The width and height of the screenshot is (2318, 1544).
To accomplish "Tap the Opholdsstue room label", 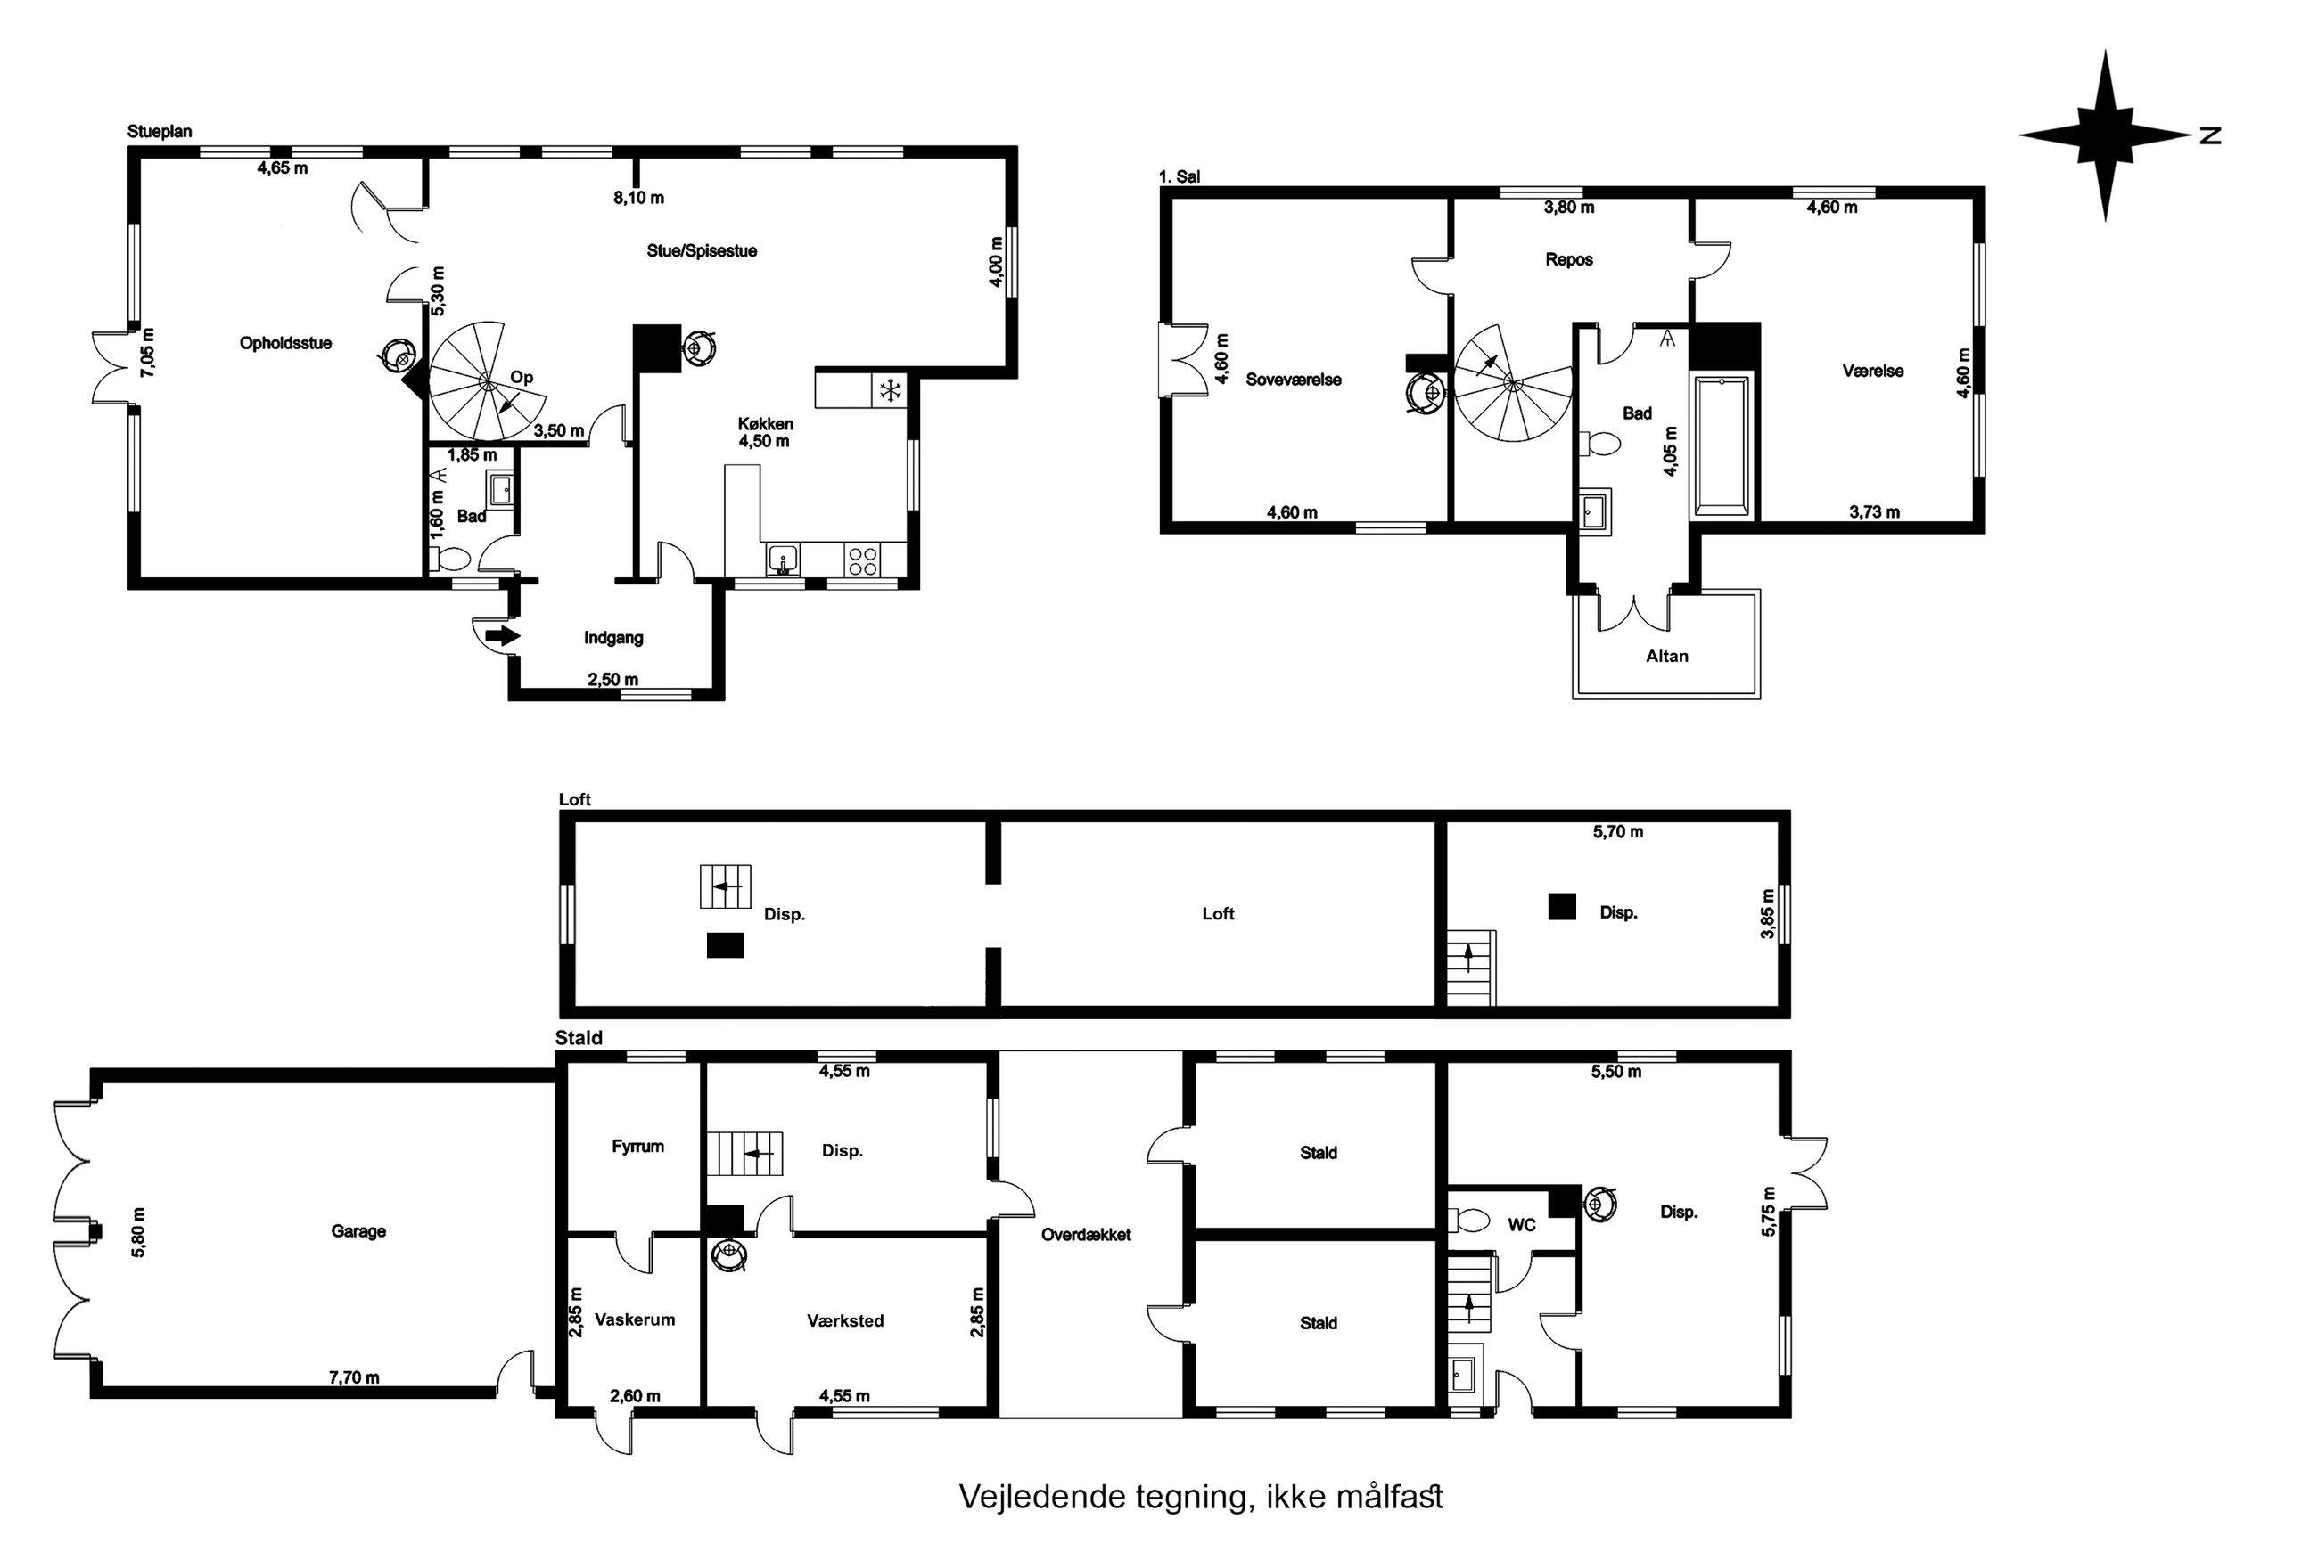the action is pyautogui.click(x=285, y=344).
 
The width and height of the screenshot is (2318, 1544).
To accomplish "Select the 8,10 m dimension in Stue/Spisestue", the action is pyautogui.click(x=638, y=198).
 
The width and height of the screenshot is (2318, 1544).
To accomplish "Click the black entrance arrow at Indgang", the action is pyautogui.click(x=503, y=636).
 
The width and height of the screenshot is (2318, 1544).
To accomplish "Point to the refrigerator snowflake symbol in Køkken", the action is pyautogui.click(x=891, y=391).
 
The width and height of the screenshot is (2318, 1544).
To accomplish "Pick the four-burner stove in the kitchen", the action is pyautogui.click(x=863, y=561).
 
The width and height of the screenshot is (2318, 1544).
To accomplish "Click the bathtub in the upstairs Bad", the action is pyautogui.click(x=1721, y=445).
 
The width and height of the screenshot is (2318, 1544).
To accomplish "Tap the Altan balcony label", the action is pyautogui.click(x=1667, y=656).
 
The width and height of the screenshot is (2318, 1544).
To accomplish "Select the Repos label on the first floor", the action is pyautogui.click(x=1569, y=260).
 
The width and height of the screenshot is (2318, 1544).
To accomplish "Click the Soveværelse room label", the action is pyautogui.click(x=1294, y=380).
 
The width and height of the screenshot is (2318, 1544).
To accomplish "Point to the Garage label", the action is pyautogui.click(x=358, y=1231).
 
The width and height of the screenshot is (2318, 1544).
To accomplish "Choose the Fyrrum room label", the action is pyautogui.click(x=637, y=1146).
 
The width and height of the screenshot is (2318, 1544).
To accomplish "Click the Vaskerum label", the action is pyautogui.click(x=636, y=1319).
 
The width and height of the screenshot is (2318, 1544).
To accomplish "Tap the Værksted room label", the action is pyautogui.click(x=845, y=1320).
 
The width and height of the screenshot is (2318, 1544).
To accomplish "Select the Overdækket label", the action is pyautogui.click(x=1086, y=1235).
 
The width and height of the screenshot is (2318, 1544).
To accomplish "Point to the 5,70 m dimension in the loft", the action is pyautogui.click(x=1618, y=832).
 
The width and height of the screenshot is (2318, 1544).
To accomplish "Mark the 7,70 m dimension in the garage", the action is pyautogui.click(x=354, y=1377).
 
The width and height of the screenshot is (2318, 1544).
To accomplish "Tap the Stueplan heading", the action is pyautogui.click(x=160, y=132).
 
